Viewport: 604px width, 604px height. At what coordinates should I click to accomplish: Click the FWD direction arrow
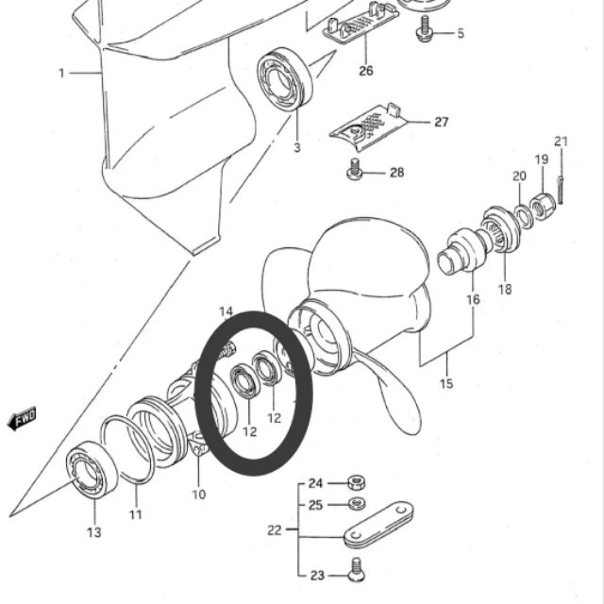23,418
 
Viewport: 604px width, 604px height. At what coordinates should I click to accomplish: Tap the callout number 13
94,532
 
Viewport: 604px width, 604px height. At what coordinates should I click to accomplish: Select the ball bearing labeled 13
92,470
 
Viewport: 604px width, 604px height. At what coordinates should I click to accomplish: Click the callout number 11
135,514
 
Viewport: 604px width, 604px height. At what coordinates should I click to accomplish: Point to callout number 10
199,495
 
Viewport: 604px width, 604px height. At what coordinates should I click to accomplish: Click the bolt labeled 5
425,29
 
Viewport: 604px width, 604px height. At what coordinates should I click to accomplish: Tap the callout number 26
366,71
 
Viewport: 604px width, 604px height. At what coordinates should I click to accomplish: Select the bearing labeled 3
285,79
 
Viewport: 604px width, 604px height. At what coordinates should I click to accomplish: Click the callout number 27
442,122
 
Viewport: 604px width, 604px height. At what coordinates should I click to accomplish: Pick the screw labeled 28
355,169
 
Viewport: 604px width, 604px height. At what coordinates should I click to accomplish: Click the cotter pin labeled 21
562,190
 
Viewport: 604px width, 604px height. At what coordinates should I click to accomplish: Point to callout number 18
505,289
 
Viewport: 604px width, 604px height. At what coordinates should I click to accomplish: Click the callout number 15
446,384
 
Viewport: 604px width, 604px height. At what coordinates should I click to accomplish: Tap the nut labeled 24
357,482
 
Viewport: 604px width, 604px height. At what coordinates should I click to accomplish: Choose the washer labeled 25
357,503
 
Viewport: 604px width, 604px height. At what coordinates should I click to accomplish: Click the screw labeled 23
356,569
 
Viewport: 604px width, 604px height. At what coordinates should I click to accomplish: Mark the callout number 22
274,530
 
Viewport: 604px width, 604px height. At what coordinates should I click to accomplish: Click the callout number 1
61,73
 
